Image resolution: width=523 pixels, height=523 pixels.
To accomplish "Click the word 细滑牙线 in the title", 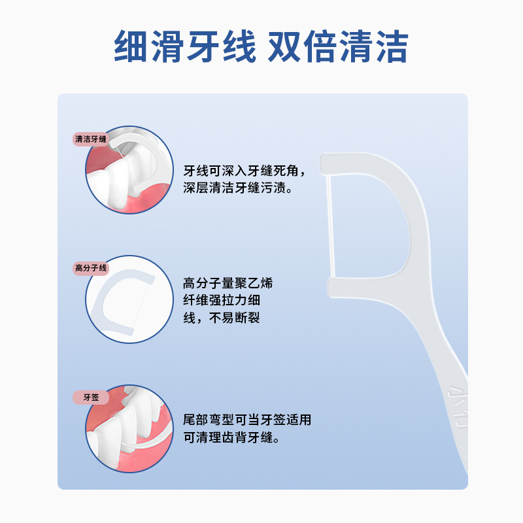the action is click(x=185, y=46).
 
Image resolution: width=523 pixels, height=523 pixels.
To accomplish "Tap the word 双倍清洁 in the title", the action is click(x=338, y=46).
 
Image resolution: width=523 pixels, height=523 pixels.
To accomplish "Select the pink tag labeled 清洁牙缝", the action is click(x=90, y=139).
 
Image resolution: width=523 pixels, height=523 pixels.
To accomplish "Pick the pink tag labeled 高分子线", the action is click(x=90, y=268).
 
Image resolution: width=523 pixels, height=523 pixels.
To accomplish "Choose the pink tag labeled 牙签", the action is click(x=90, y=397).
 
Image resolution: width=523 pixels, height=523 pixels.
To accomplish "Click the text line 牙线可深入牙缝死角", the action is click(x=244, y=171).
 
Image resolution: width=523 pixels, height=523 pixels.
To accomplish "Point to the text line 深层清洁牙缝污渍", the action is click(x=238, y=188).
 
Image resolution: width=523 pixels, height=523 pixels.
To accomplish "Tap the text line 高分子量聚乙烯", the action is click(x=228, y=283).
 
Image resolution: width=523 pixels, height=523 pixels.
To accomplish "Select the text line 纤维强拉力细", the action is click(x=222, y=300).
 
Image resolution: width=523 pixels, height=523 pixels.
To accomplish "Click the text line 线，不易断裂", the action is click(x=222, y=318).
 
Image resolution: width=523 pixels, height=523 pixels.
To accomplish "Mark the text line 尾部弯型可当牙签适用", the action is click(x=247, y=420).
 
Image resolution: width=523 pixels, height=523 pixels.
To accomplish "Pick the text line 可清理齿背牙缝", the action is click(x=231, y=437).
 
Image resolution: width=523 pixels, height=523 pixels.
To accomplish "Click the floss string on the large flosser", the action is click(x=330, y=227).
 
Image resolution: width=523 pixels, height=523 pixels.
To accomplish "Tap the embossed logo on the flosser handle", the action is click(x=458, y=406).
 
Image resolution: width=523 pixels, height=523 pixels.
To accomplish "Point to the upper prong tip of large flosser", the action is click(x=323, y=164).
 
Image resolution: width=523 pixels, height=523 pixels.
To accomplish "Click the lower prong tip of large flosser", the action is click(x=330, y=288).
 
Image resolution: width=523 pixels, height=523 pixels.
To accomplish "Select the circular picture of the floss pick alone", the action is click(x=129, y=299).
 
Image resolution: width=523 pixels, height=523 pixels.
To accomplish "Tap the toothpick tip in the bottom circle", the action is click(x=123, y=446).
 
